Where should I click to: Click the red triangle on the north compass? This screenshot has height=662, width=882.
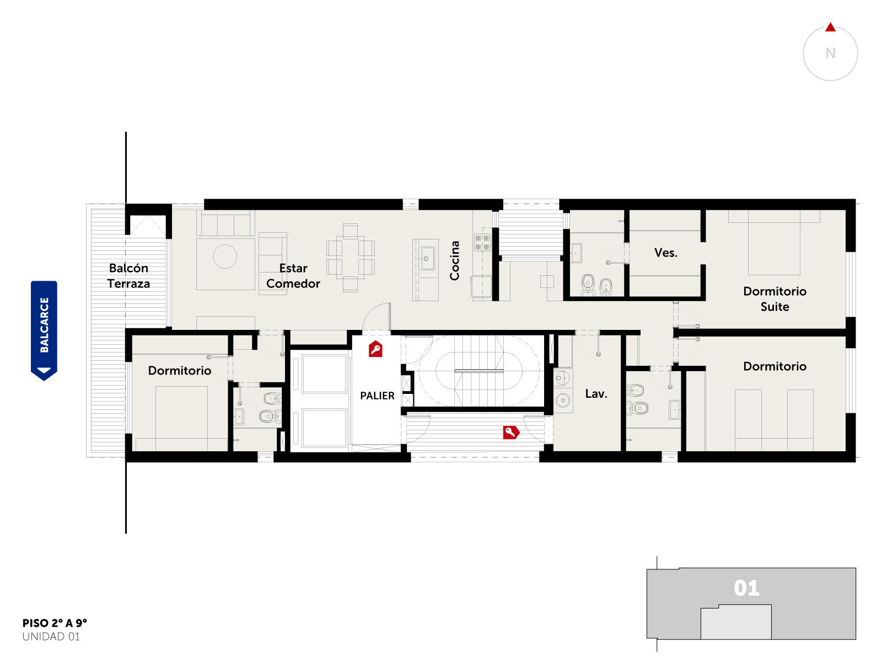[830, 28]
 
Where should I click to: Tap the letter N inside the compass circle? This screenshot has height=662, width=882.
[830, 53]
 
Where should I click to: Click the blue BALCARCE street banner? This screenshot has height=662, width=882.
[44, 330]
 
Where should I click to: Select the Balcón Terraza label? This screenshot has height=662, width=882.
[128, 276]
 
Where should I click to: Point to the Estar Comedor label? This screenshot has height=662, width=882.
[293, 276]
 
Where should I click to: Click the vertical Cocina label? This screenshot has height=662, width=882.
[454, 260]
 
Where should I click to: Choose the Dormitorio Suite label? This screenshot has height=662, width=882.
[774, 298]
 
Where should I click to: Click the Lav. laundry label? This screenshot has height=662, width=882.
[595, 393]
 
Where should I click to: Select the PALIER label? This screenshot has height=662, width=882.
[377, 396]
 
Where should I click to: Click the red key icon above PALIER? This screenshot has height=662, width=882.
[375, 349]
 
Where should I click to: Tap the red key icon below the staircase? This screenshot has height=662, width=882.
[510, 432]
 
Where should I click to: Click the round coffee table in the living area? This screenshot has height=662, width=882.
[224, 256]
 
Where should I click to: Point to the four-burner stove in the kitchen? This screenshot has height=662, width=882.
[481, 242]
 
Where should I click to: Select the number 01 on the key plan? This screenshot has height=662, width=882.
[746, 588]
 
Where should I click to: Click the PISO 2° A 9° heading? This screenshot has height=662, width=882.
[55, 623]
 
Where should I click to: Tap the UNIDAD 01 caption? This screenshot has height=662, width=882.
[51, 637]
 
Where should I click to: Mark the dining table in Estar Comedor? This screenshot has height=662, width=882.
[350, 258]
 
